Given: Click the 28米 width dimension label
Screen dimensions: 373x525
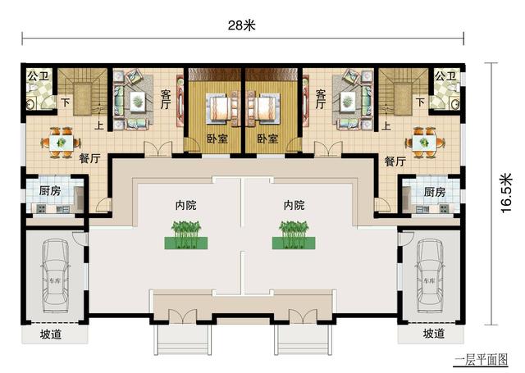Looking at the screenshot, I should click(242, 25).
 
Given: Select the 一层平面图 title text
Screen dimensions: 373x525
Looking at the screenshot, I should click(480, 359).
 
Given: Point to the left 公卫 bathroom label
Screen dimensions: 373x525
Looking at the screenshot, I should click(37, 76).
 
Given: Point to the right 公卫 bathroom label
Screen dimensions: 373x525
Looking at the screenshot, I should click(445, 76).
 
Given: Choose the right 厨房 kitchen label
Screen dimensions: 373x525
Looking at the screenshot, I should click(434, 192).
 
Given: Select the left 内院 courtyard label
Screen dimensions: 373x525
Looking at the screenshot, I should click(185, 204).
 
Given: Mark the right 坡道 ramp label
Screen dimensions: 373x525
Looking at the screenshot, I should click(434, 334).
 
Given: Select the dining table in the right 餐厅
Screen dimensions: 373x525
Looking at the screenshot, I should click(424, 141).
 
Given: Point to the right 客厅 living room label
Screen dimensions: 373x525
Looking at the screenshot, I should click(321, 99).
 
